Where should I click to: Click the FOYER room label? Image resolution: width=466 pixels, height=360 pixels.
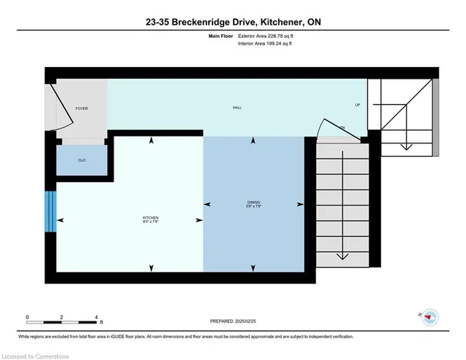(x=82, y=109)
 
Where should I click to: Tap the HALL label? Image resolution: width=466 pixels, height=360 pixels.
(x=237, y=108)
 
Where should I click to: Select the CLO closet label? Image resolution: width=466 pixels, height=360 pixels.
(x=82, y=160)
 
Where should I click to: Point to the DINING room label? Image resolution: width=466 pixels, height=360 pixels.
(x=253, y=203)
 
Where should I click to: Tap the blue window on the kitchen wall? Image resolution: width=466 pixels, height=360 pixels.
(x=50, y=211)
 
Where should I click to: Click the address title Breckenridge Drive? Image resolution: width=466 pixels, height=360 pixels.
(x=233, y=23)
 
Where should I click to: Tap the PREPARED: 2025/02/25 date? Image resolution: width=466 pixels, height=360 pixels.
(x=233, y=321)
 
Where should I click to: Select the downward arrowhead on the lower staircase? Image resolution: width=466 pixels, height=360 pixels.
(x=341, y=257)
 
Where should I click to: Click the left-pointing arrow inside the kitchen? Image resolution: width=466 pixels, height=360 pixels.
(x=60, y=219)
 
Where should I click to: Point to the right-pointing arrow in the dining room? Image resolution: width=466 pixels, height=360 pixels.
(x=300, y=204)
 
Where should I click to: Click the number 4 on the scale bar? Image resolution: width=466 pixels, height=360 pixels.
(x=97, y=317)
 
